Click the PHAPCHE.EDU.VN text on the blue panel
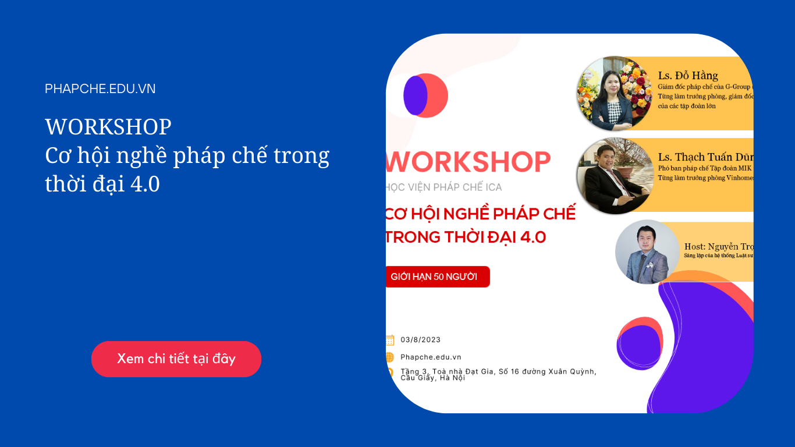pyautogui.click(x=100, y=89)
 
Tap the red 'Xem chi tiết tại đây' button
pyautogui.click(x=176, y=359)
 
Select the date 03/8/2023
pyautogui.click(x=420, y=340)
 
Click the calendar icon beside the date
pyautogui.click(x=389, y=340)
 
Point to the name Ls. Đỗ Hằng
pyautogui.click(x=688, y=76)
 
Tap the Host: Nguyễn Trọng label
pyautogui.click(x=718, y=247)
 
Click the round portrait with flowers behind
pyautogui.click(x=614, y=93)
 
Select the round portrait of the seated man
pyautogui.click(x=615, y=176)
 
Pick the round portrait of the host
pyautogui.click(x=647, y=251)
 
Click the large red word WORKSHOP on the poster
pyautogui.click(x=469, y=162)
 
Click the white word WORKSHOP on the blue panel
pyautogui.click(x=108, y=127)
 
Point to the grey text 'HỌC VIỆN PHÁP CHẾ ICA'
pyautogui.click(x=443, y=187)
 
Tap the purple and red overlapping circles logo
pyautogui.click(x=425, y=95)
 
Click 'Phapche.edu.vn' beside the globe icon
pyautogui.click(x=431, y=357)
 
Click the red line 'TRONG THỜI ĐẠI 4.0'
pyautogui.click(x=466, y=237)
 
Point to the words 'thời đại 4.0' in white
pyautogui.click(x=102, y=184)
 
